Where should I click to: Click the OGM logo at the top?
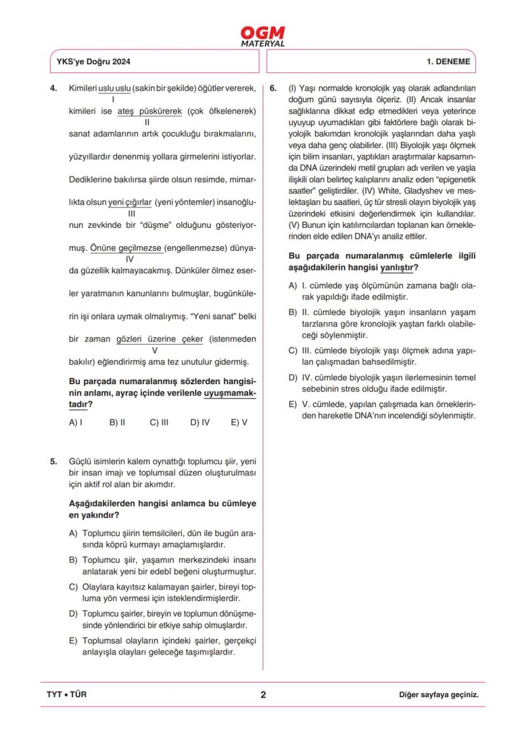(x=263, y=36)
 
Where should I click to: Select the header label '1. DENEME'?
(x=448, y=62)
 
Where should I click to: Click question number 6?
(x=273, y=87)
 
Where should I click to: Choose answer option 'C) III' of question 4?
(x=159, y=422)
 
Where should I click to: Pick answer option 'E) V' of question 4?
(x=239, y=422)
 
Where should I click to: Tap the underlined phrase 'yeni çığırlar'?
(x=130, y=203)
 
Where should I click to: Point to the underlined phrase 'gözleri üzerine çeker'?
(x=160, y=339)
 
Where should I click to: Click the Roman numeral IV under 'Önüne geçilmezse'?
(x=130, y=259)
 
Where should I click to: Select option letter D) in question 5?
(x=73, y=614)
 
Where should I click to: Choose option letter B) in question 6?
(x=293, y=312)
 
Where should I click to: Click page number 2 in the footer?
(x=263, y=694)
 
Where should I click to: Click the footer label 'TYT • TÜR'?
(x=67, y=694)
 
